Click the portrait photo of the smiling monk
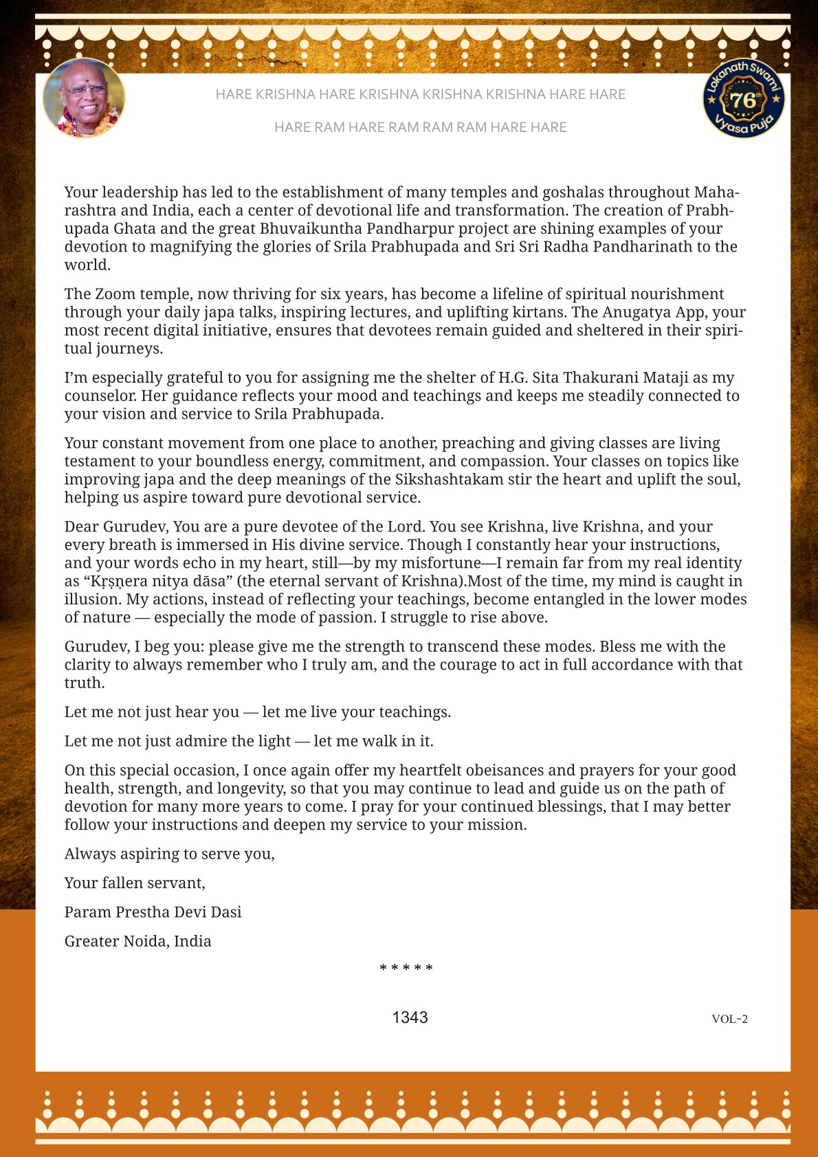point(84,98)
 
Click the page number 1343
point(410,1017)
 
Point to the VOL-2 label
point(729,1019)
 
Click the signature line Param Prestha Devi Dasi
point(153,912)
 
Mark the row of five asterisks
point(406,969)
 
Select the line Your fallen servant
point(135,883)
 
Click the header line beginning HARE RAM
point(420,127)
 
